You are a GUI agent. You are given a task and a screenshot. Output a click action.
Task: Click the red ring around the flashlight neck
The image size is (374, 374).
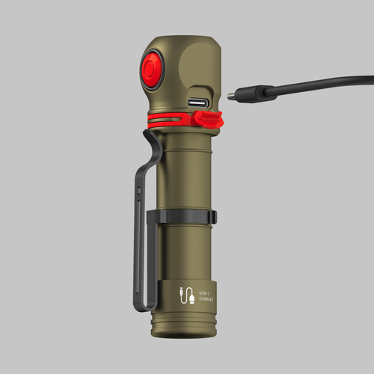pos(168,120)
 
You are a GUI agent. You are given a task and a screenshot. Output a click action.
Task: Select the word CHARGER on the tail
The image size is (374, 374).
pos(204,299)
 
